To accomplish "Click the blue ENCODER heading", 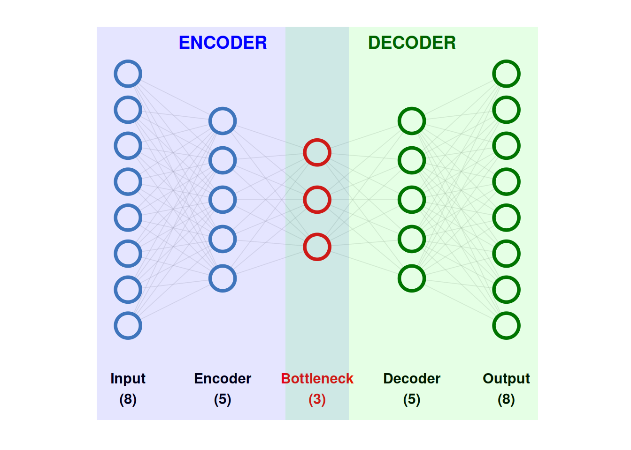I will point(223,43).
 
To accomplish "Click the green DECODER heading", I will point(412,43).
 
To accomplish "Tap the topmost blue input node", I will point(128,74).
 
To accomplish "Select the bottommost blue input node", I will point(128,325).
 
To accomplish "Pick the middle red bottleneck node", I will point(317,200).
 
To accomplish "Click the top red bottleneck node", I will point(317,152).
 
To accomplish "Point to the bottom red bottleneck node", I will point(317,247).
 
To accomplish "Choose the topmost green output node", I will point(506,74).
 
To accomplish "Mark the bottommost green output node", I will point(506,325).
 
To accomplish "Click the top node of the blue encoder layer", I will point(223,121).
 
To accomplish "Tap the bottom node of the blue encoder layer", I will point(223,278).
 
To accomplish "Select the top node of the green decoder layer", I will point(412,121).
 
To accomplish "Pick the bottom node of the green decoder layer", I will point(412,278).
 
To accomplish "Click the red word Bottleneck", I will point(317,378).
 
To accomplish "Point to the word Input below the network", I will point(128,378).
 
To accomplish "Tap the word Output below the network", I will point(506,378).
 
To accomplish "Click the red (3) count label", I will point(317,399).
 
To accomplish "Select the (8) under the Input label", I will point(128,399).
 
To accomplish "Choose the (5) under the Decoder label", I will point(412,399).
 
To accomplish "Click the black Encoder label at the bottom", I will point(223,378).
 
